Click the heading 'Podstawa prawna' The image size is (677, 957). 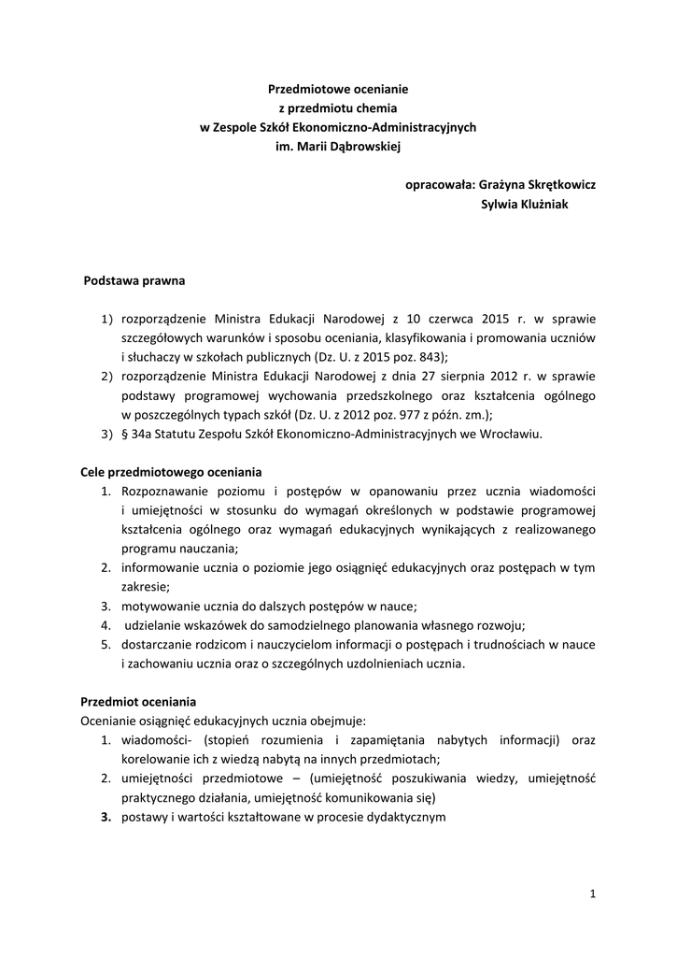click(134, 279)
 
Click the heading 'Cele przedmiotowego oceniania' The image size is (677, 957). click(171, 472)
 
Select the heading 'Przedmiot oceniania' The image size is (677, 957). click(139, 702)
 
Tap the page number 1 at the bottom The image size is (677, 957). click(592, 894)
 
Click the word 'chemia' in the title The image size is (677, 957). click(366, 107)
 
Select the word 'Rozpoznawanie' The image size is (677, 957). click(163, 491)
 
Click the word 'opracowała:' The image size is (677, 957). click(439, 185)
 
